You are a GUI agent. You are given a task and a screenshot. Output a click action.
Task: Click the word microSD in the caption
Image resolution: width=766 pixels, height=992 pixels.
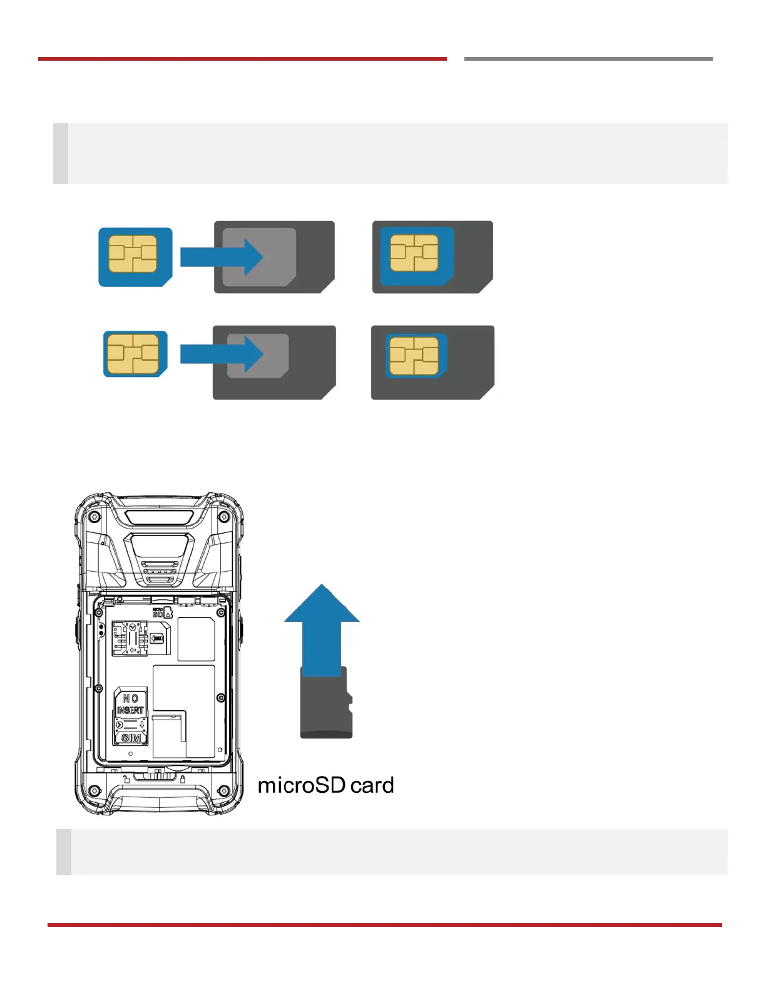(x=302, y=785)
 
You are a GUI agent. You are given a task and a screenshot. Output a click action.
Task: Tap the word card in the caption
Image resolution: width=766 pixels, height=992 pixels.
(x=372, y=785)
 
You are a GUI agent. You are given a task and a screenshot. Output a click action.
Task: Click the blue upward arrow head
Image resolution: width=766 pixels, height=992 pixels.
(x=322, y=605)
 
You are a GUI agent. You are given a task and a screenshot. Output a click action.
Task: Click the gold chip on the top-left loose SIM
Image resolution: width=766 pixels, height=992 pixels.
(x=133, y=254)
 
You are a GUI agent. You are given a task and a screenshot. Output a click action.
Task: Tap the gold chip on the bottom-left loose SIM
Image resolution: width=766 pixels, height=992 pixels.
(x=133, y=354)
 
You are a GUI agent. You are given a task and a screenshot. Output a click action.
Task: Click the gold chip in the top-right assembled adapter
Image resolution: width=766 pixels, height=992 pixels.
(x=414, y=254)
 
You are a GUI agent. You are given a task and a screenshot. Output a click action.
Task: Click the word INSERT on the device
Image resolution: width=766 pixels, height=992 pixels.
(x=130, y=710)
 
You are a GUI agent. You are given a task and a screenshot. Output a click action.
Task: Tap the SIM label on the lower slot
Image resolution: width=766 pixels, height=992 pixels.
(x=131, y=738)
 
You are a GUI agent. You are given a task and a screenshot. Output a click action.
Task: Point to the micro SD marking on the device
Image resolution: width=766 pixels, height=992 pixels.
(x=158, y=612)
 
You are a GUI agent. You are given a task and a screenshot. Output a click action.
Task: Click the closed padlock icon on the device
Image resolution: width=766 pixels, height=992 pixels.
(x=183, y=780)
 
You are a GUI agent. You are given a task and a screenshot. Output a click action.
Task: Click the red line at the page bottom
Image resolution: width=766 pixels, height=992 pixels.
(x=384, y=924)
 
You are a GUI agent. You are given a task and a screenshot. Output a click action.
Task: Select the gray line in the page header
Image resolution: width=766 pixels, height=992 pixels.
(x=588, y=59)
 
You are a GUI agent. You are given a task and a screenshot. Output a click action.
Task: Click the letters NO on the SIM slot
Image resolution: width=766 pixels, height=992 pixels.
(x=130, y=698)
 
